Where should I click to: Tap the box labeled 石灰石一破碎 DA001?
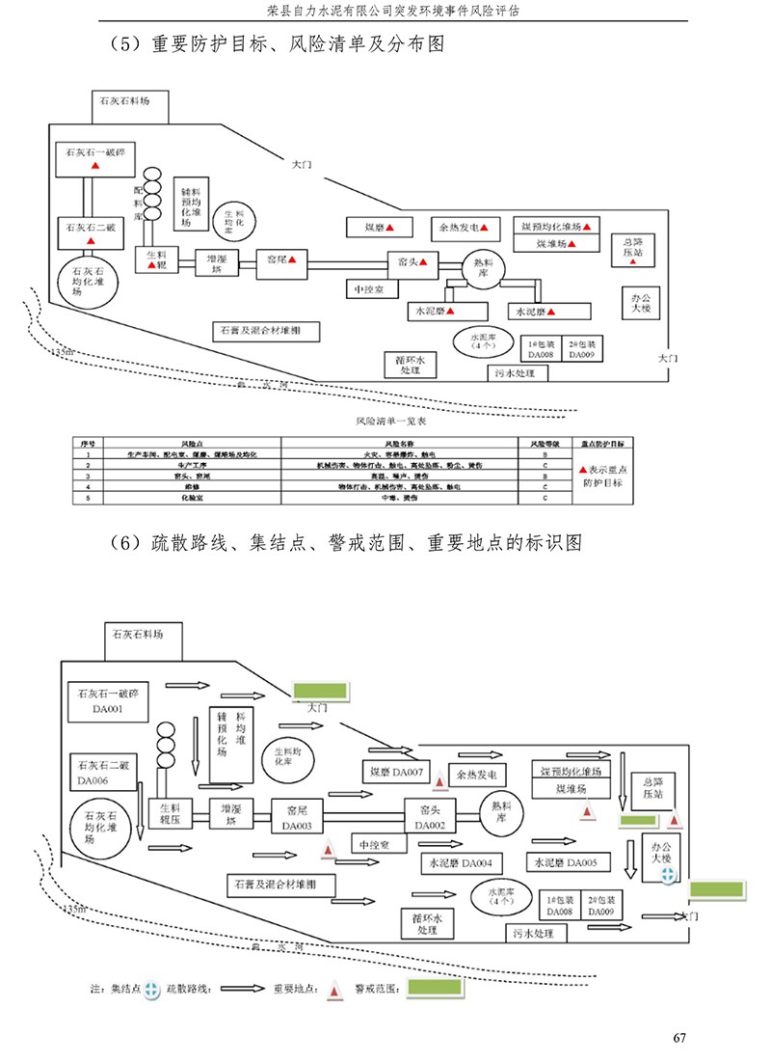109,701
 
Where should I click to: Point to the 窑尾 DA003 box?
297,819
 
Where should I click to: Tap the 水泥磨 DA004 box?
461,862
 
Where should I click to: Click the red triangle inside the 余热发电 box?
486,229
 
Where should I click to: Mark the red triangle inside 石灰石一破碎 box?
95,166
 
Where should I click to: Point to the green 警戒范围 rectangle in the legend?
436,989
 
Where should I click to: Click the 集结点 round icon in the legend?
151,990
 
